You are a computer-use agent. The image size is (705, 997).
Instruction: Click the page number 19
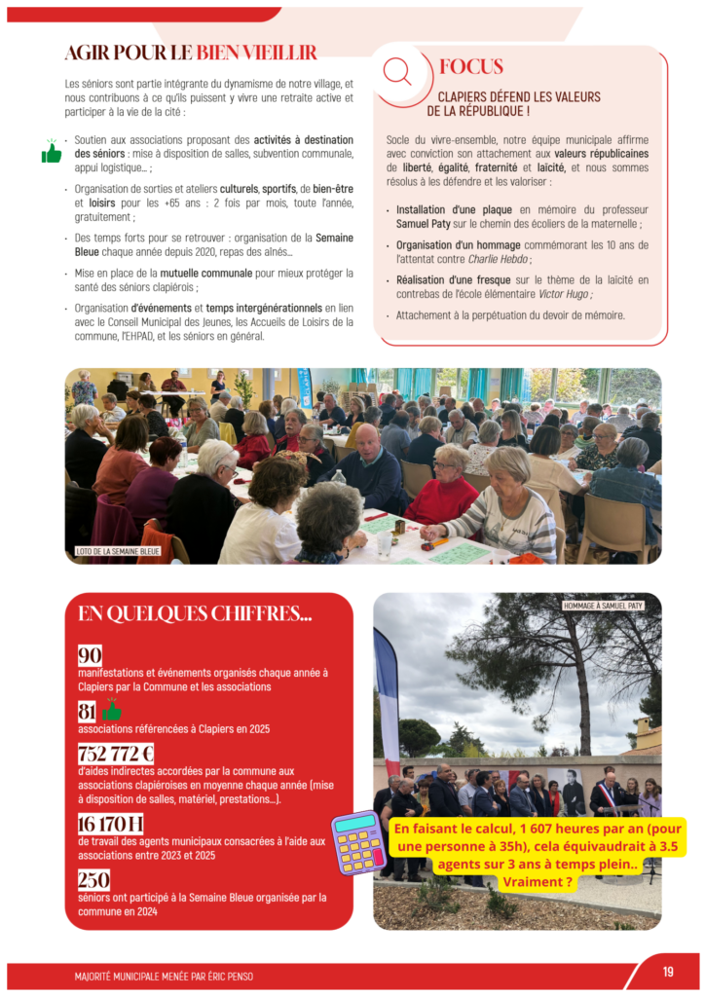[668, 971]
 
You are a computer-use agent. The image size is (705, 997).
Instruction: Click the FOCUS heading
[471, 67]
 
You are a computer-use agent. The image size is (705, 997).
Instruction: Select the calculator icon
[359, 842]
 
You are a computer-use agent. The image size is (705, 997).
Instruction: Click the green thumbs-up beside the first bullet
[52, 152]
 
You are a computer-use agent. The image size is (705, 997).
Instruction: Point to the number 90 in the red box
[90, 655]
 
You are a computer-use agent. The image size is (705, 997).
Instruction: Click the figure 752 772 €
[116, 754]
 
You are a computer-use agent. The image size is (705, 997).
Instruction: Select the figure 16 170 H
[111, 824]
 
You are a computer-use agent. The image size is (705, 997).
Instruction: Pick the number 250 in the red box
[94, 879]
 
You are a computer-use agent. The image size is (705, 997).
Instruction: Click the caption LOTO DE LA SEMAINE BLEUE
[118, 551]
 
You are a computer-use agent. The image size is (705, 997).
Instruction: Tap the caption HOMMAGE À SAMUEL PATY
[604, 606]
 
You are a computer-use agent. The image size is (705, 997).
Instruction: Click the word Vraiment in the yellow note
[537, 882]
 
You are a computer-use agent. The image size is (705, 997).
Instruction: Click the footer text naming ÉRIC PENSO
[164, 976]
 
